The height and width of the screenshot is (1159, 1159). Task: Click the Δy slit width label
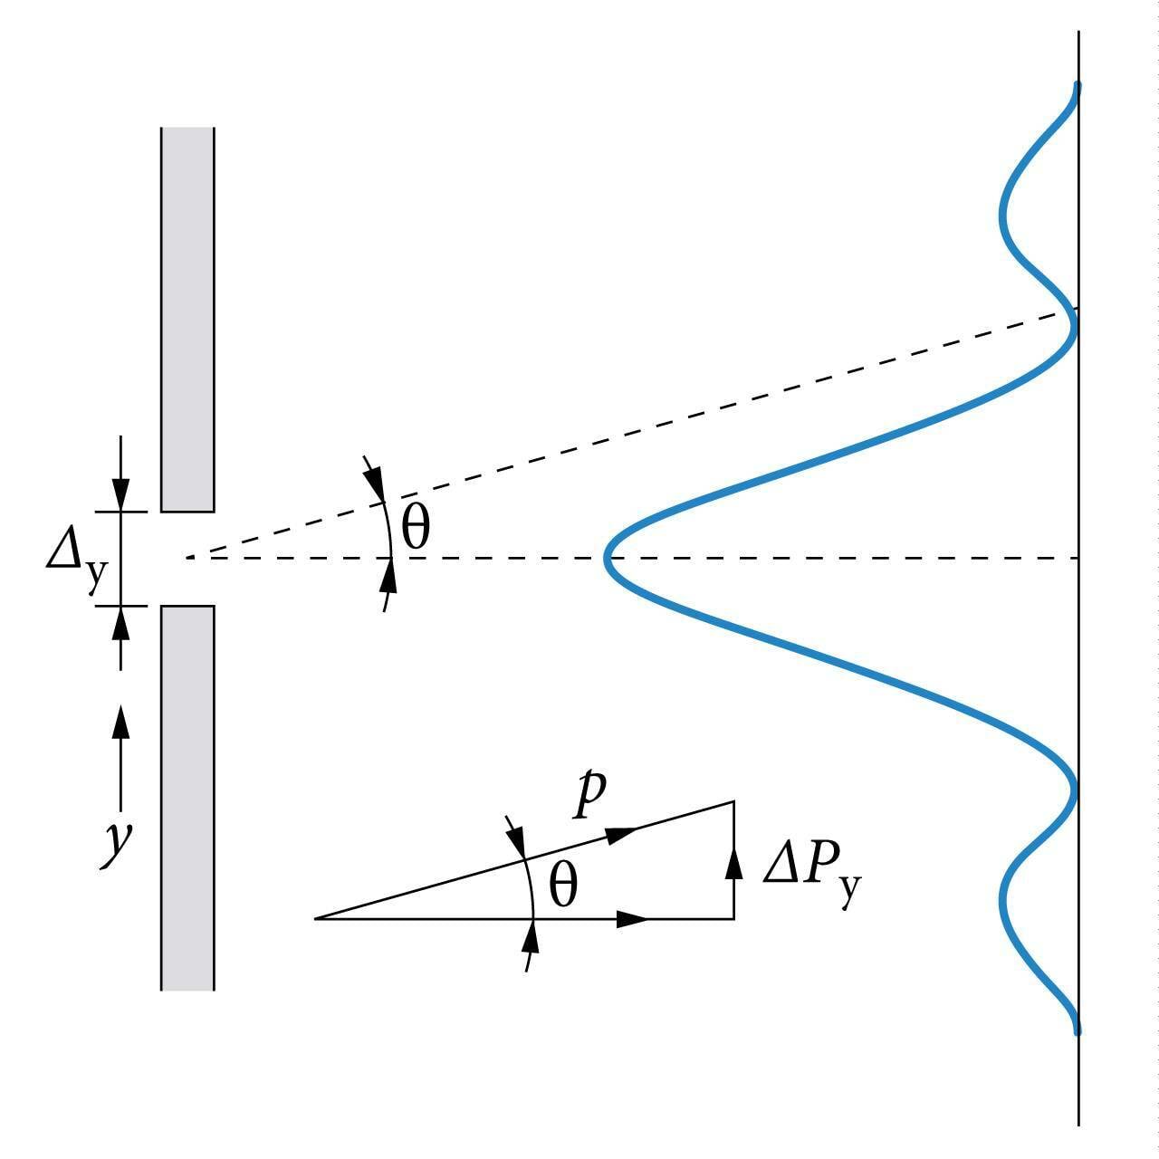point(76,557)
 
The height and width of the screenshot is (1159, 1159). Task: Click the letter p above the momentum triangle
point(589,794)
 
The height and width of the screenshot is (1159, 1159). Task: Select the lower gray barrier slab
point(187,797)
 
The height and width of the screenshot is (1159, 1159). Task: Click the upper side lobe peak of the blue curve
point(1001,216)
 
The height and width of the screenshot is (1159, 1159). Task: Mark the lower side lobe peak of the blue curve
point(1002,900)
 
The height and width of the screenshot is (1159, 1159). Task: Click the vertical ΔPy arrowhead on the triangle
point(733,862)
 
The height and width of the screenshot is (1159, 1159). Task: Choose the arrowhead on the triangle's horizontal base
point(632,919)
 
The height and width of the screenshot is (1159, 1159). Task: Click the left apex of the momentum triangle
point(316,918)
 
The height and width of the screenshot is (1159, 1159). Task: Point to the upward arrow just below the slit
point(120,623)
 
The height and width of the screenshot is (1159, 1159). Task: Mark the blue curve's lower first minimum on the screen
point(1075,786)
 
